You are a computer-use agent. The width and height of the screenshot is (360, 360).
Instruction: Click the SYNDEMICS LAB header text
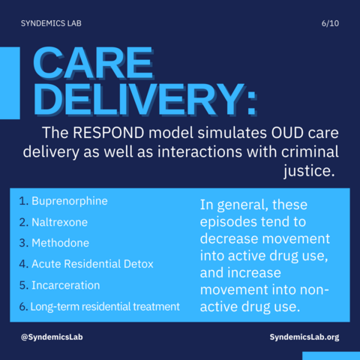[x=51, y=23]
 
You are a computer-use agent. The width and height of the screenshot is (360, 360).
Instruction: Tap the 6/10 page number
[x=330, y=23]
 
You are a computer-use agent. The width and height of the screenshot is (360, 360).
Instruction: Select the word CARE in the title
[x=93, y=63]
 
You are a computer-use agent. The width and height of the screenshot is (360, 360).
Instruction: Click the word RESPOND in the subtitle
[x=109, y=133]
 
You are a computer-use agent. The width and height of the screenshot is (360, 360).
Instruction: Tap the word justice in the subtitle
[x=309, y=172]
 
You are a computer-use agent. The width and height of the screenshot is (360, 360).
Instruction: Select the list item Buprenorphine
[x=70, y=201]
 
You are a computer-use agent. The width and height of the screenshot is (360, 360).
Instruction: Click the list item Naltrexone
[x=59, y=222]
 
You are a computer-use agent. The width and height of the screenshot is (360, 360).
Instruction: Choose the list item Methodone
[x=60, y=243]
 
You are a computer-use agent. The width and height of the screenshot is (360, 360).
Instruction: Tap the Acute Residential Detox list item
[x=92, y=264]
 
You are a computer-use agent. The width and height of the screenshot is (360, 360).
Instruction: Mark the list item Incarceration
[x=66, y=285]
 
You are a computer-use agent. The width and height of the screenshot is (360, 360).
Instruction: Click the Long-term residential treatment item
[x=105, y=307]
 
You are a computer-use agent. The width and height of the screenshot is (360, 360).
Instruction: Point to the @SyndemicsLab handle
[x=52, y=337]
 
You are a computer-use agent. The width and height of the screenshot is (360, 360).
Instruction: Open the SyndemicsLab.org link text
[x=304, y=337]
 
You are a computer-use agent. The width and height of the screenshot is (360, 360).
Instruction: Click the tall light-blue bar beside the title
[x=10, y=83]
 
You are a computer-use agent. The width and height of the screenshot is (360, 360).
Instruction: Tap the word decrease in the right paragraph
[x=229, y=238]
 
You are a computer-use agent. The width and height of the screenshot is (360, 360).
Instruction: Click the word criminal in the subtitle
[x=310, y=151]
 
